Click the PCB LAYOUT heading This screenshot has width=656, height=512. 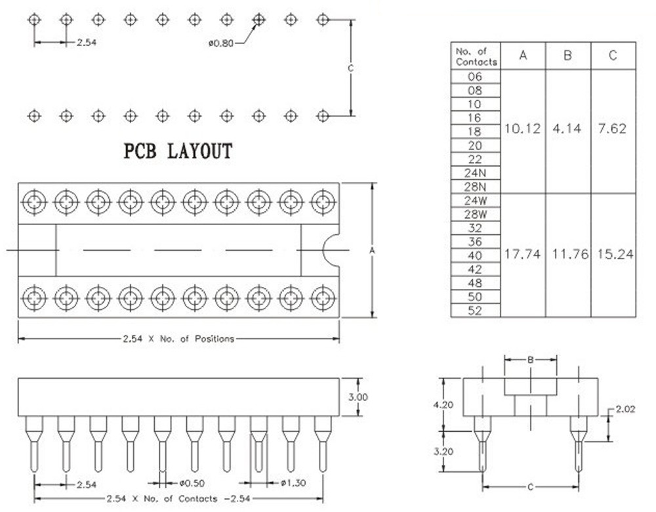pyautogui.click(x=178, y=152)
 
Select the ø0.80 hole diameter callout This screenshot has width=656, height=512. pyautogui.click(x=221, y=43)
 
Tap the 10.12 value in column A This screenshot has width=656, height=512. pyautogui.click(x=523, y=129)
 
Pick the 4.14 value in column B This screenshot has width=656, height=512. pyautogui.click(x=567, y=129)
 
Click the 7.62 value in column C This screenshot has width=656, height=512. pyautogui.click(x=613, y=129)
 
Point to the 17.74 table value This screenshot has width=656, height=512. pyautogui.click(x=523, y=255)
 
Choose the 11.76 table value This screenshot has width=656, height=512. pyautogui.click(x=567, y=255)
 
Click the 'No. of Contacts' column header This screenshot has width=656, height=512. pyautogui.click(x=476, y=56)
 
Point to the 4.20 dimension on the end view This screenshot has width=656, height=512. pyautogui.click(x=443, y=405)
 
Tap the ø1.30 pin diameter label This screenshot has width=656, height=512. pyautogui.click(x=293, y=484)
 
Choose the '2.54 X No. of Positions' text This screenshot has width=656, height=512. pyautogui.click(x=178, y=339)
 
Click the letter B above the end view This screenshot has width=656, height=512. pyautogui.click(x=530, y=360)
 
